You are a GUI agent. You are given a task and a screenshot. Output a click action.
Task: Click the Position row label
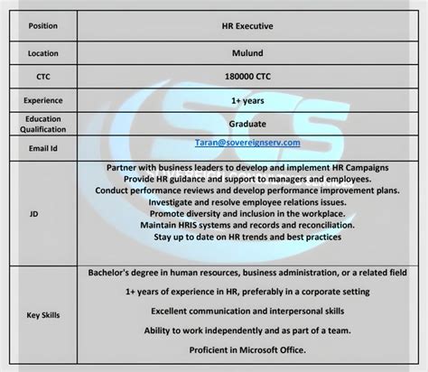[x=42, y=25]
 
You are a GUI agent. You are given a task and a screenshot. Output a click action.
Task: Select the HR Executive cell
[x=247, y=25]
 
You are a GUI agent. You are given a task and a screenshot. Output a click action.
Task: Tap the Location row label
[x=42, y=53]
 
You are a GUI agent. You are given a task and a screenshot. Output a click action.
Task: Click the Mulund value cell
[x=247, y=53]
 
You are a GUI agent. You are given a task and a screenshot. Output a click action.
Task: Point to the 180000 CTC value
[x=247, y=78]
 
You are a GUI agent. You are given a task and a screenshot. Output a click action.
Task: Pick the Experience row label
[x=42, y=102]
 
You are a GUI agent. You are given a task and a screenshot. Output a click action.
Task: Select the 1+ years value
[x=247, y=102]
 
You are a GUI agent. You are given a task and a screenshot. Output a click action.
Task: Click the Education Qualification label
[x=42, y=125]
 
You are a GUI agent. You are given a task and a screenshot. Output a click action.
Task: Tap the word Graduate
[x=247, y=124]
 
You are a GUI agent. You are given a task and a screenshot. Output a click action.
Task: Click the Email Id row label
[x=42, y=148]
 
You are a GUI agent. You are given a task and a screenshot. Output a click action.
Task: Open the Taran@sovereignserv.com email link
[x=247, y=143]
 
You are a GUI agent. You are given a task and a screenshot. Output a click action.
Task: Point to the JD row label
[x=34, y=213]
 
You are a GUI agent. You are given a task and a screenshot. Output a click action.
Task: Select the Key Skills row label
[x=42, y=315]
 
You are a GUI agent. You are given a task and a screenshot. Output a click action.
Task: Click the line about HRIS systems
[x=247, y=225]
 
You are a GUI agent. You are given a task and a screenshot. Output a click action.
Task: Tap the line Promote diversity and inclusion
[x=247, y=213]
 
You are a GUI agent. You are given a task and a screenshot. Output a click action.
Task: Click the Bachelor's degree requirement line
[x=247, y=272]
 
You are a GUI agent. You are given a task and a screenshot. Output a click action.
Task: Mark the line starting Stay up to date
[x=247, y=237]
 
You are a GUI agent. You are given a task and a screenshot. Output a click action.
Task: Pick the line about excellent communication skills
[x=247, y=311]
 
